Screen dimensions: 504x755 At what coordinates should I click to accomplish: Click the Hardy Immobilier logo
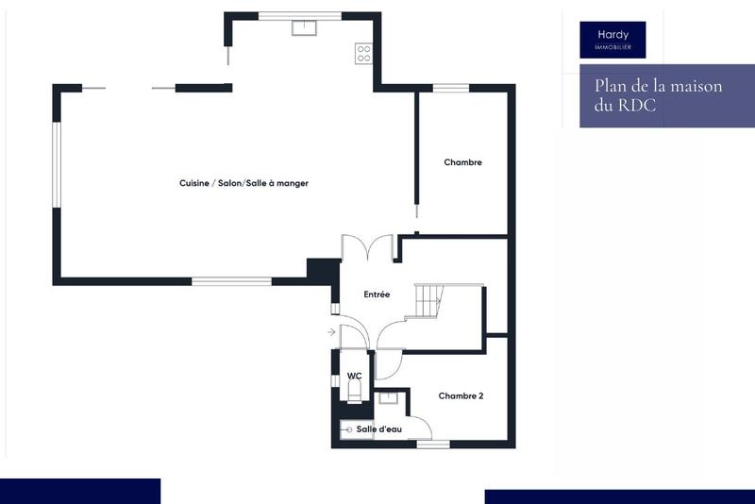[612, 40]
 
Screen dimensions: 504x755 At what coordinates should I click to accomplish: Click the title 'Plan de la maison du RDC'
[658, 96]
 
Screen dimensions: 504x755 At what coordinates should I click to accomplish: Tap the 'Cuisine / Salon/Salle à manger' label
[244, 183]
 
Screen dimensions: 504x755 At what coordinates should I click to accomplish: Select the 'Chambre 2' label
[461, 396]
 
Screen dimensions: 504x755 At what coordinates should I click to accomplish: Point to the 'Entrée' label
[377, 294]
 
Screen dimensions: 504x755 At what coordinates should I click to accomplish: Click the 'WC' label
[354, 376]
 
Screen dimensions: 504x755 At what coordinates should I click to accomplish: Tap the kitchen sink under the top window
[303, 27]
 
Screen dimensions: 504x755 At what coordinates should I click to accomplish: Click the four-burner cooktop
[363, 53]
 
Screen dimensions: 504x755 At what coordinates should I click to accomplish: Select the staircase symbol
[429, 301]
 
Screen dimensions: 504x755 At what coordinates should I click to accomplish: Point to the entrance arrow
[331, 332]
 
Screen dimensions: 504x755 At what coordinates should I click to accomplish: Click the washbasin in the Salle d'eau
[388, 398]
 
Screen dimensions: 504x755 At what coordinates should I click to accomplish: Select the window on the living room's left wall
[57, 165]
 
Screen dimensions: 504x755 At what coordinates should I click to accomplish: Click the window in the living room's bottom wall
[231, 280]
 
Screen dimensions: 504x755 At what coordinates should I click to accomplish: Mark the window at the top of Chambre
[450, 89]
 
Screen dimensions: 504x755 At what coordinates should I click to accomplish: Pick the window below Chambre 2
[433, 444]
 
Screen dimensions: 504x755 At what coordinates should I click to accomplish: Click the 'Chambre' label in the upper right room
[462, 162]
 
